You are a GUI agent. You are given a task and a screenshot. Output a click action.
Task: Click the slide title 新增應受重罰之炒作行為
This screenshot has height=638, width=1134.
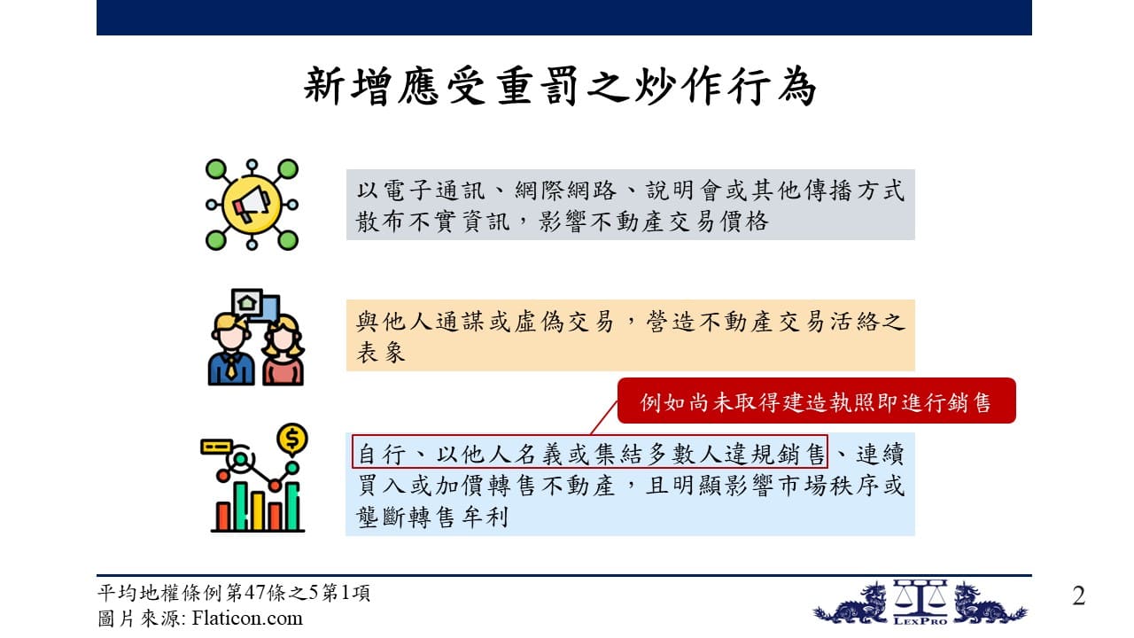pyautogui.click(x=560, y=86)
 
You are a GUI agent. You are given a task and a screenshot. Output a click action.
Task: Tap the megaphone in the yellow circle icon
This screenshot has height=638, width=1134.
pyautogui.click(x=251, y=204)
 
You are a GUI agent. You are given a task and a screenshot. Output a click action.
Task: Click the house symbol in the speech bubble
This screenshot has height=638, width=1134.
pyautogui.click(x=247, y=303)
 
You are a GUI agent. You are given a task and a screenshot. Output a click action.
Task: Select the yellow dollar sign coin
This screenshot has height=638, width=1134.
pyautogui.click(x=292, y=438)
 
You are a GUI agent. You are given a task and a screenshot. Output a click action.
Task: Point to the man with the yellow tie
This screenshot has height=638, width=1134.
pyautogui.click(x=231, y=350)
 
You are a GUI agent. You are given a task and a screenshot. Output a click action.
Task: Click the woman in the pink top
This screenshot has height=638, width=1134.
pyautogui.click(x=283, y=352)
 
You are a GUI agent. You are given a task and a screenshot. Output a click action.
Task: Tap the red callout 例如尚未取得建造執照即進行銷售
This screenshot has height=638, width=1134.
pyautogui.click(x=816, y=401)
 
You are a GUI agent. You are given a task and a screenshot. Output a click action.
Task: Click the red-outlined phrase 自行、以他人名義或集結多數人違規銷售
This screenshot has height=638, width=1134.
pyautogui.click(x=590, y=452)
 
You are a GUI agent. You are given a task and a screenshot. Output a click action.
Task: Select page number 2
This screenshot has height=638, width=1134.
pyautogui.click(x=1078, y=596)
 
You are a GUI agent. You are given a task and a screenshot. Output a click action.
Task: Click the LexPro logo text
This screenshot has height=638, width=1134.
pyautogui.click(x=920, y=619)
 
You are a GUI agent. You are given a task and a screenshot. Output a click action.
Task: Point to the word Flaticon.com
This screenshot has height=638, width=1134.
pyautogui.click(x=247, y=619)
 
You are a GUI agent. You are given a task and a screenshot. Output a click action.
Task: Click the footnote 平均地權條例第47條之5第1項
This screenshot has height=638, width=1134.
pyautogui.click(x=233, y=593)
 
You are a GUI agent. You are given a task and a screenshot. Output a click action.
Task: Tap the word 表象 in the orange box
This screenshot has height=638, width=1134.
pyautogui.click(x=381, y=352)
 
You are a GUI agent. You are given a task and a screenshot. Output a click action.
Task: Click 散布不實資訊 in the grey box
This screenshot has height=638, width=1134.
pyautogui.click(x=433, y=222)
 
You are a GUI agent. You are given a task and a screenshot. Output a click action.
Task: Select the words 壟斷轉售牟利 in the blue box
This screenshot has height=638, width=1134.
pyautogui.click(x=431, y=517)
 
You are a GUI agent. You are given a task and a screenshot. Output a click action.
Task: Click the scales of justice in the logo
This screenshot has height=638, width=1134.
pyautogui.click(x=920, y=597)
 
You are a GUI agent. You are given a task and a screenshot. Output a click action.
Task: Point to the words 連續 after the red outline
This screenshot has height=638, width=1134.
pyautogui.click(x=880, y=453)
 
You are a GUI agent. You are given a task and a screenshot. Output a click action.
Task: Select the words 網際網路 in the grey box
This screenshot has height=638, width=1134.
pyautogui.click(x=565, y=191)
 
